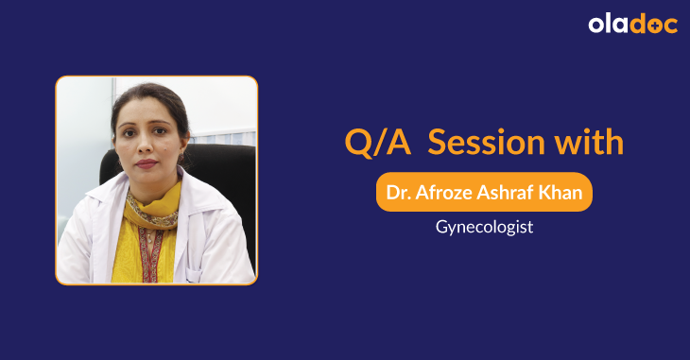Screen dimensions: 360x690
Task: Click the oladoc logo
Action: [632, 25]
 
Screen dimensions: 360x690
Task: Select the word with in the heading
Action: [588, 143]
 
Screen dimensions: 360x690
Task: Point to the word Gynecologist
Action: [484, 227]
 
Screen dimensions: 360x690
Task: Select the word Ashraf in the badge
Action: [512, 192]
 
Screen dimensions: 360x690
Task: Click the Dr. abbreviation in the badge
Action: [402, 192]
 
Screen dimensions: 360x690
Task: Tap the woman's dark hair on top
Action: [151, 95]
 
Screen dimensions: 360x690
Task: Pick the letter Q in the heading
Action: [358, 144]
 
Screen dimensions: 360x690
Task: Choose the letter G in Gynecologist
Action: [442, 227]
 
